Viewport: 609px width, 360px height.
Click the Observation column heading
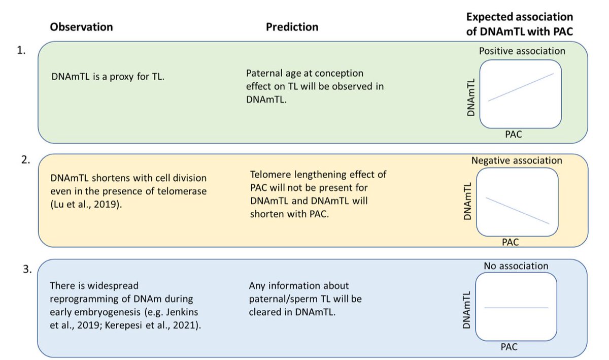pyautogui.click(x=81, y=26)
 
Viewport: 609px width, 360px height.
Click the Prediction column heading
pyautogui.click(x=292, y=27)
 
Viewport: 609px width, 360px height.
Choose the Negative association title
pyautogui.click(x=517, y=160)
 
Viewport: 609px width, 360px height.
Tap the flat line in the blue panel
pyautogui.click(x=517, y=308)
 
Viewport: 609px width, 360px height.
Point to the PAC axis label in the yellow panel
pyautogui.click(x=510, y=242)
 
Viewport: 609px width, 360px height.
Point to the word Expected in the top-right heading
pyautogui.click(x=488, y=16)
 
